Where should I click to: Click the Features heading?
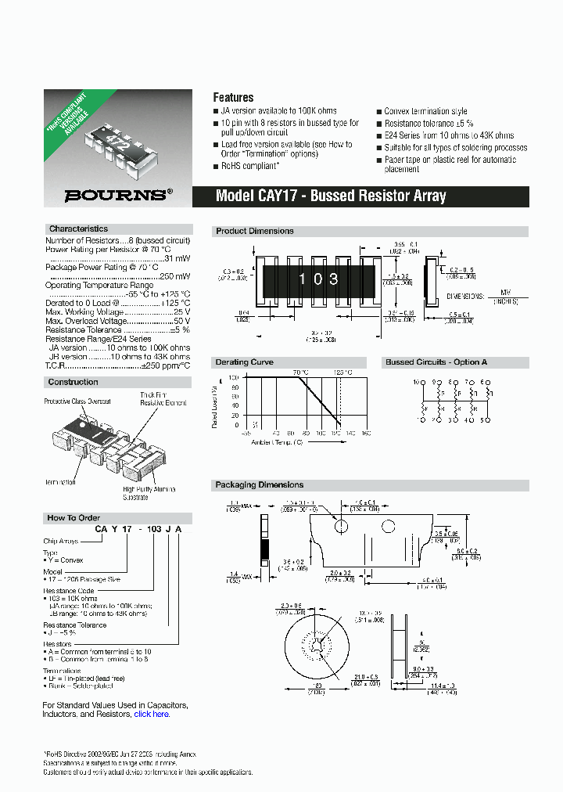click(x=233, y=98)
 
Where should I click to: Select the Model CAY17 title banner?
click(x=331, y=196)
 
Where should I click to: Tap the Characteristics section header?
click(x=78, y=229)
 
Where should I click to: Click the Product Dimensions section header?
click(x=255, y=231)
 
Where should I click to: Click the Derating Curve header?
click(x=244, y=362)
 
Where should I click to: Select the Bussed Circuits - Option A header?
click(x=436, y=362)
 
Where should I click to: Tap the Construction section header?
click(x=74, y=382)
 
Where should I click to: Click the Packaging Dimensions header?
click(x=260, y=485)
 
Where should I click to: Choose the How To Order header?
click(x=73, y=518)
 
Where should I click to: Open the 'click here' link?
click(x=152, y=714)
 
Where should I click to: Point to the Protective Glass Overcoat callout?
click(x=77, y=401)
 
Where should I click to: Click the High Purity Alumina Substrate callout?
click(x=152, y=493)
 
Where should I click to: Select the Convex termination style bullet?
click(x=425, y=112)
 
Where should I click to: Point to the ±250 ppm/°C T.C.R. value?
click(x=165, y=365)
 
